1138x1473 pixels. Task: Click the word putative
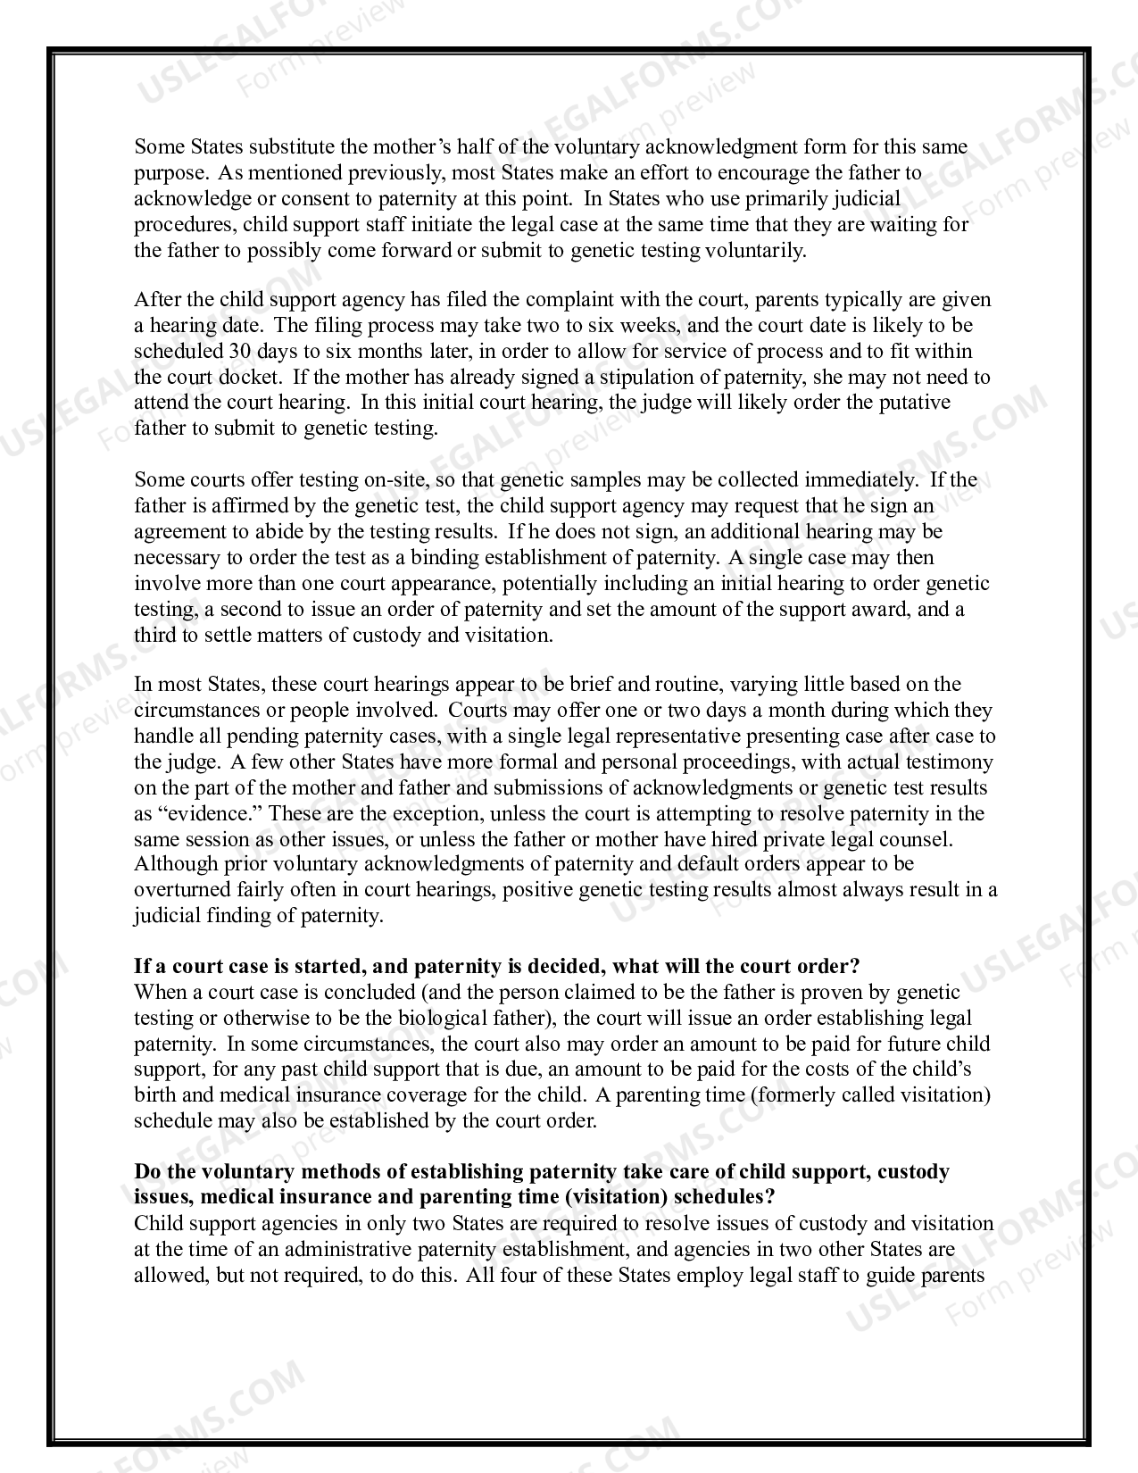(914, 403)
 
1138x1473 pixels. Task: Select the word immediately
(860, 480)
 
